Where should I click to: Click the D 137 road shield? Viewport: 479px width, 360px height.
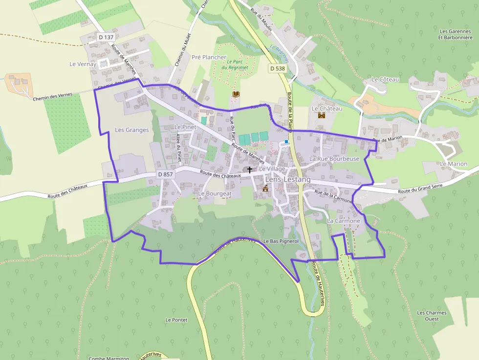[x=106, y=37]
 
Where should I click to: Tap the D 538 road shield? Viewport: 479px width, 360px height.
[x=277, y=68]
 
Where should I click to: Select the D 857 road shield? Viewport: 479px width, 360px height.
[x=166, y=174]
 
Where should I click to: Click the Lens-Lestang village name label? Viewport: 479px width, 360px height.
[x=288, y=180]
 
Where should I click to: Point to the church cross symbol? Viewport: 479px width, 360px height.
[x=250, y=170]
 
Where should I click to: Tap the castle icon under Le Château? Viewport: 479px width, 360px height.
[x=322, y=115]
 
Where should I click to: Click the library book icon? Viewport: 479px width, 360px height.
[x=236, y=93]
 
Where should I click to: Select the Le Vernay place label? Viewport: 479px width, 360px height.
[x=83, y=64]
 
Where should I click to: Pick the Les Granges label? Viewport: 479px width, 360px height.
[x=131, y=130]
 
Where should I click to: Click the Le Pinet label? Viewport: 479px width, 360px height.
[x=185, y=127]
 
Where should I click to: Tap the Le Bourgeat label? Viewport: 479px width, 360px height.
[x=215, y=193]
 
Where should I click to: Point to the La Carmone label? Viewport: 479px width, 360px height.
[x=344, y=221]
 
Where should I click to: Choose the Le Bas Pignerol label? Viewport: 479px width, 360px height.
[x=281, y=241]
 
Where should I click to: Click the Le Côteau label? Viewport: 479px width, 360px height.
[x=386, y=79]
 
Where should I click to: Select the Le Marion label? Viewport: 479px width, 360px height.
[x=454, y=164]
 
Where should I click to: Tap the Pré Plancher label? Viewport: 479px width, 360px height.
[x=209, y=57]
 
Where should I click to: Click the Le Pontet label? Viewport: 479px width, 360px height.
[x=176, y=320]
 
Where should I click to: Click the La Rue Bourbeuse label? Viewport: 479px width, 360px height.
[x=334, y=159]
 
